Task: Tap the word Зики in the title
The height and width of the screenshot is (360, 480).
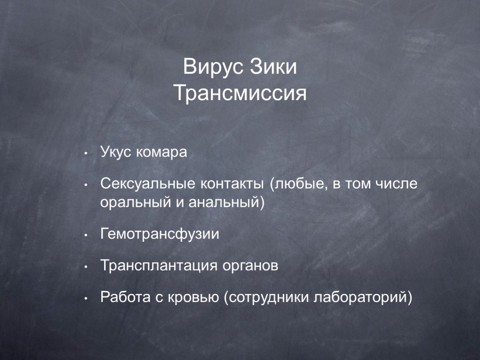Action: point(273,67)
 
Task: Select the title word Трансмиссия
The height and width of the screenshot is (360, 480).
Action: point(240,93)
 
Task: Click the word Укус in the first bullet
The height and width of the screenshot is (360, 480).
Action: point(116,152)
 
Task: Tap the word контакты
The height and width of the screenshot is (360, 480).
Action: point(232,184)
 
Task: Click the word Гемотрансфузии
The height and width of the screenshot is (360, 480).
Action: point(160,234)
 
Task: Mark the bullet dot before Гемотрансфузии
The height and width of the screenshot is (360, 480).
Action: point(86,235)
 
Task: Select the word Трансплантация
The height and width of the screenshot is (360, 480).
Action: point(159,266)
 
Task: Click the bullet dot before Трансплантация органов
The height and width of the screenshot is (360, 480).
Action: point(86,267)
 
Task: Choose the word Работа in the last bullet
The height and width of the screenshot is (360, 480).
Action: point(126,297)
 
